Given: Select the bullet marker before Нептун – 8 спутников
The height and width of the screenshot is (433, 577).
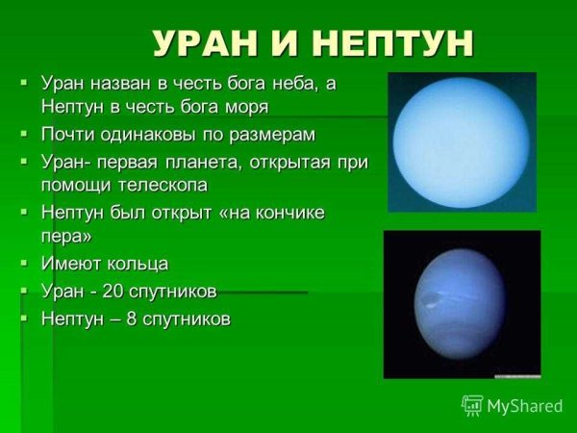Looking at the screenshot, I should coord(25,317).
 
